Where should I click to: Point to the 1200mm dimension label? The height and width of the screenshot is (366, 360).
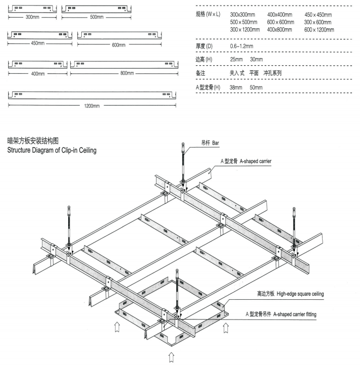click(x=91, y=105)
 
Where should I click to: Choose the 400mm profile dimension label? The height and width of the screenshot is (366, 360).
click(x=37, y=74)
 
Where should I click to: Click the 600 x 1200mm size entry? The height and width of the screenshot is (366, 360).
click(x=319, y=30)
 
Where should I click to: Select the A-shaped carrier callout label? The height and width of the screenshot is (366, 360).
click(x=246, y=161)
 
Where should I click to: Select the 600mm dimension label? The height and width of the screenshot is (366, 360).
click(x=122, y=43)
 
